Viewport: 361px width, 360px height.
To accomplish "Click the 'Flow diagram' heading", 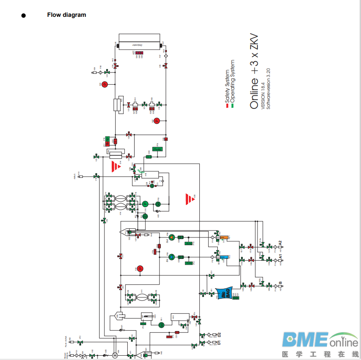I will click(66, 15).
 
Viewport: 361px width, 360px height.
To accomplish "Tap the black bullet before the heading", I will click(23, 16).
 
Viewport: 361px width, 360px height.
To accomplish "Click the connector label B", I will click(280, 283).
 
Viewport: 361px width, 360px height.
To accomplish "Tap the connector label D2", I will click(219, 335).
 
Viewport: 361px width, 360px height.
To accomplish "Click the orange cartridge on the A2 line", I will click(224, 237).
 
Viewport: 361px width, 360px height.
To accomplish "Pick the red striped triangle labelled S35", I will click(188, 199).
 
